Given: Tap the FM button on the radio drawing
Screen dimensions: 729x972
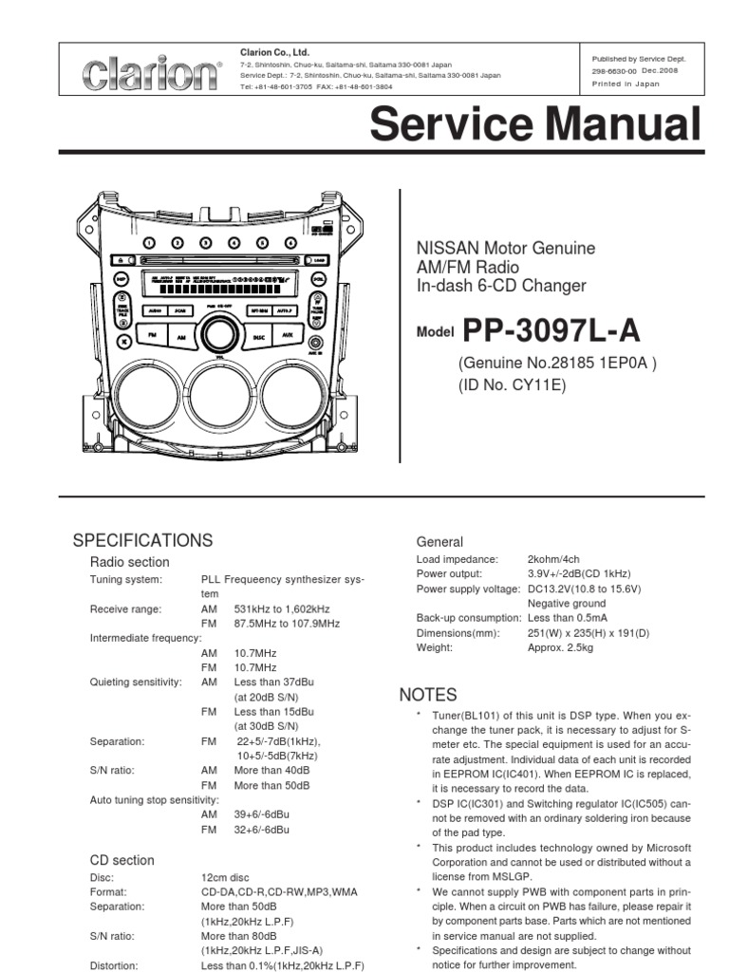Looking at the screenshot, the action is (x=151, y=336).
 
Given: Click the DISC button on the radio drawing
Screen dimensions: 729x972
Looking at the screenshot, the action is (x=258, y=336).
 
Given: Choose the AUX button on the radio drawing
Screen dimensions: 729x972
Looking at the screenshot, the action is (x=287, y=336).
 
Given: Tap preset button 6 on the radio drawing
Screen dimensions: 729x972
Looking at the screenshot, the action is (x=291, y=242).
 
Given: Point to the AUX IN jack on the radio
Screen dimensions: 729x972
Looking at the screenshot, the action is (x=315, y=343).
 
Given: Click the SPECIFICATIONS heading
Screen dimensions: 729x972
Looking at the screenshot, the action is (x=143, y=540).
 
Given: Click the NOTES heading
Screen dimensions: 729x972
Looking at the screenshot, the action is (x=428, y=695).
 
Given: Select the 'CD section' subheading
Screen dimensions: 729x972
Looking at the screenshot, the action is (x=121, y=860).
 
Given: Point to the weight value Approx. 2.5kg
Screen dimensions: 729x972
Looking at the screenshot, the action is (x=560, y=647).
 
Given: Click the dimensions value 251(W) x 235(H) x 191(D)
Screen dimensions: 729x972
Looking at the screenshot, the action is (x=589, y=632).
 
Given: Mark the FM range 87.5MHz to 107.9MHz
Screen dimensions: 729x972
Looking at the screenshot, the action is (x=287, y=623).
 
